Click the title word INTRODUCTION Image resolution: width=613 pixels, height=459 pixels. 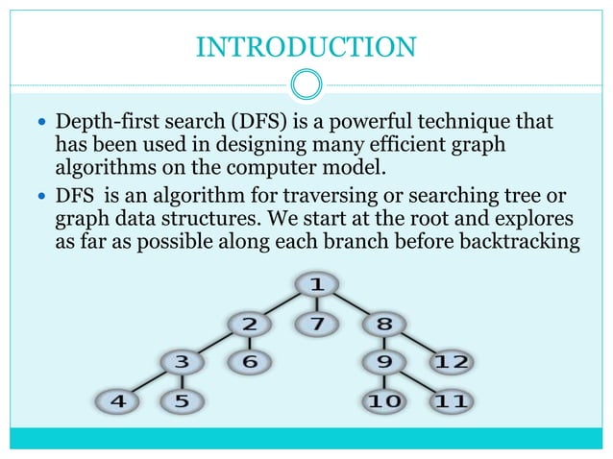(x=306, y=46)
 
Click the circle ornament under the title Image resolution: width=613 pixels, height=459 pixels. (x=306, y=85)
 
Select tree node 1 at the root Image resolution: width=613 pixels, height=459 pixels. (x=314, y=284)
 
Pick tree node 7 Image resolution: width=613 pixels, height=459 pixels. (x=314, y=323)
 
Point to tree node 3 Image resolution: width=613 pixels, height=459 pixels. (x=182, y=362)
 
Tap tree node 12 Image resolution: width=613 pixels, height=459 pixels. (x=449, y=362)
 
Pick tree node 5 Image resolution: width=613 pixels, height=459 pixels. (x=182, y=401)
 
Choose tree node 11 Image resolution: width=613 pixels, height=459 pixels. (x=449, y=401)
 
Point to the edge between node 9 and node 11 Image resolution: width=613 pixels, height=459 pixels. (x=415, y=382)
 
